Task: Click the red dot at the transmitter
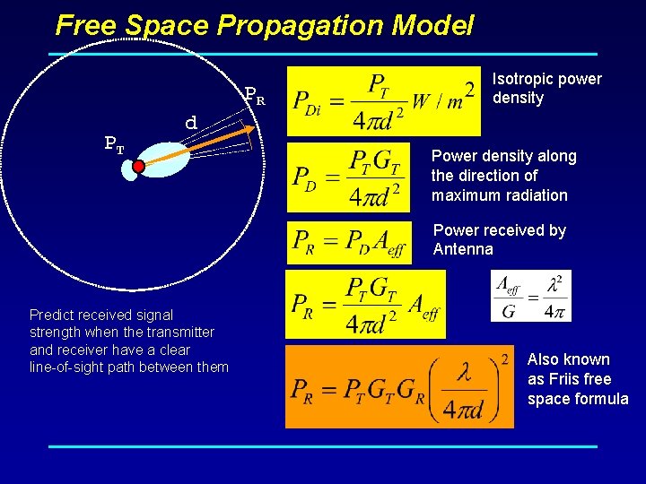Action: [138, 166]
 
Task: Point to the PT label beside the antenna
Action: [115, 143]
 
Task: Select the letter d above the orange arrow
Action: [190, 122]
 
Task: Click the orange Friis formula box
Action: [399, 386]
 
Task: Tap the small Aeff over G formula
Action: [530, 296]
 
